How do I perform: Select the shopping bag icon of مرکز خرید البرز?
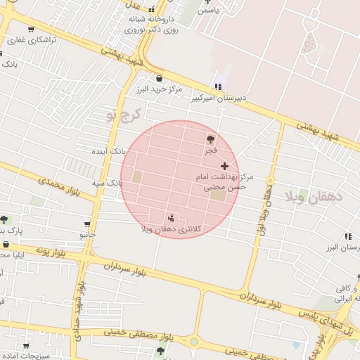point(160,79)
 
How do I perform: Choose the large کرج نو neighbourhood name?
point(124,115)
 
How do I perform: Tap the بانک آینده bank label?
point(110,151)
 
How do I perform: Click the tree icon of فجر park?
point(211,139)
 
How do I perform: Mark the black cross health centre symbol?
point(224,166)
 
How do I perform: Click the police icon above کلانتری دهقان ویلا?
point(172,217)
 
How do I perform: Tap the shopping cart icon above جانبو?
point(86,223)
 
